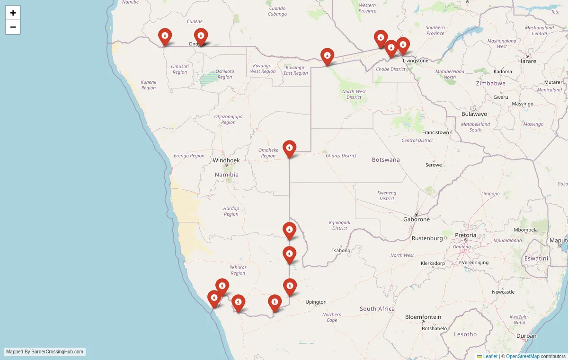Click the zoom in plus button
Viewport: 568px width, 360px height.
coord(13,13)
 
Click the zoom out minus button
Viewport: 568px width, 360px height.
coord(13,27)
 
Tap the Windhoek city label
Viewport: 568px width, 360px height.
coord(226,160)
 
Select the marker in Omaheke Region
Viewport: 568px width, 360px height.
coord(289,149)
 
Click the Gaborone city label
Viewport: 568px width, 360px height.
coord(417,219)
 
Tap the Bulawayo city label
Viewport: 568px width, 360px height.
coord(474,114)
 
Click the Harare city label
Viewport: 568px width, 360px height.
coord(527,61)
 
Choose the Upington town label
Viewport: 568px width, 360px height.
coord(316,302)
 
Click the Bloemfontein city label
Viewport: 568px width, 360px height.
coord(423,317)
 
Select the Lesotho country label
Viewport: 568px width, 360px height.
coord(465,334)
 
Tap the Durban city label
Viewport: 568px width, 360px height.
coord(527,336)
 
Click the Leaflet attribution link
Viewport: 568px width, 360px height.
coord(490,356)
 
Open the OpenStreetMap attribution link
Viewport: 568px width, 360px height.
coord(523,356)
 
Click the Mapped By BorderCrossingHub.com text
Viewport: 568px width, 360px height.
coord(45,351)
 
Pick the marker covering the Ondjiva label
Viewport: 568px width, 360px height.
coord(201,36)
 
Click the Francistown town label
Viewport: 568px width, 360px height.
coord(435,132)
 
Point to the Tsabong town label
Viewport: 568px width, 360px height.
coord(341,250)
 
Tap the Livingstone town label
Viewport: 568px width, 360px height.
coord(415,61)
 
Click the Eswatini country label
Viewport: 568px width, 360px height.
coord(536,259)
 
